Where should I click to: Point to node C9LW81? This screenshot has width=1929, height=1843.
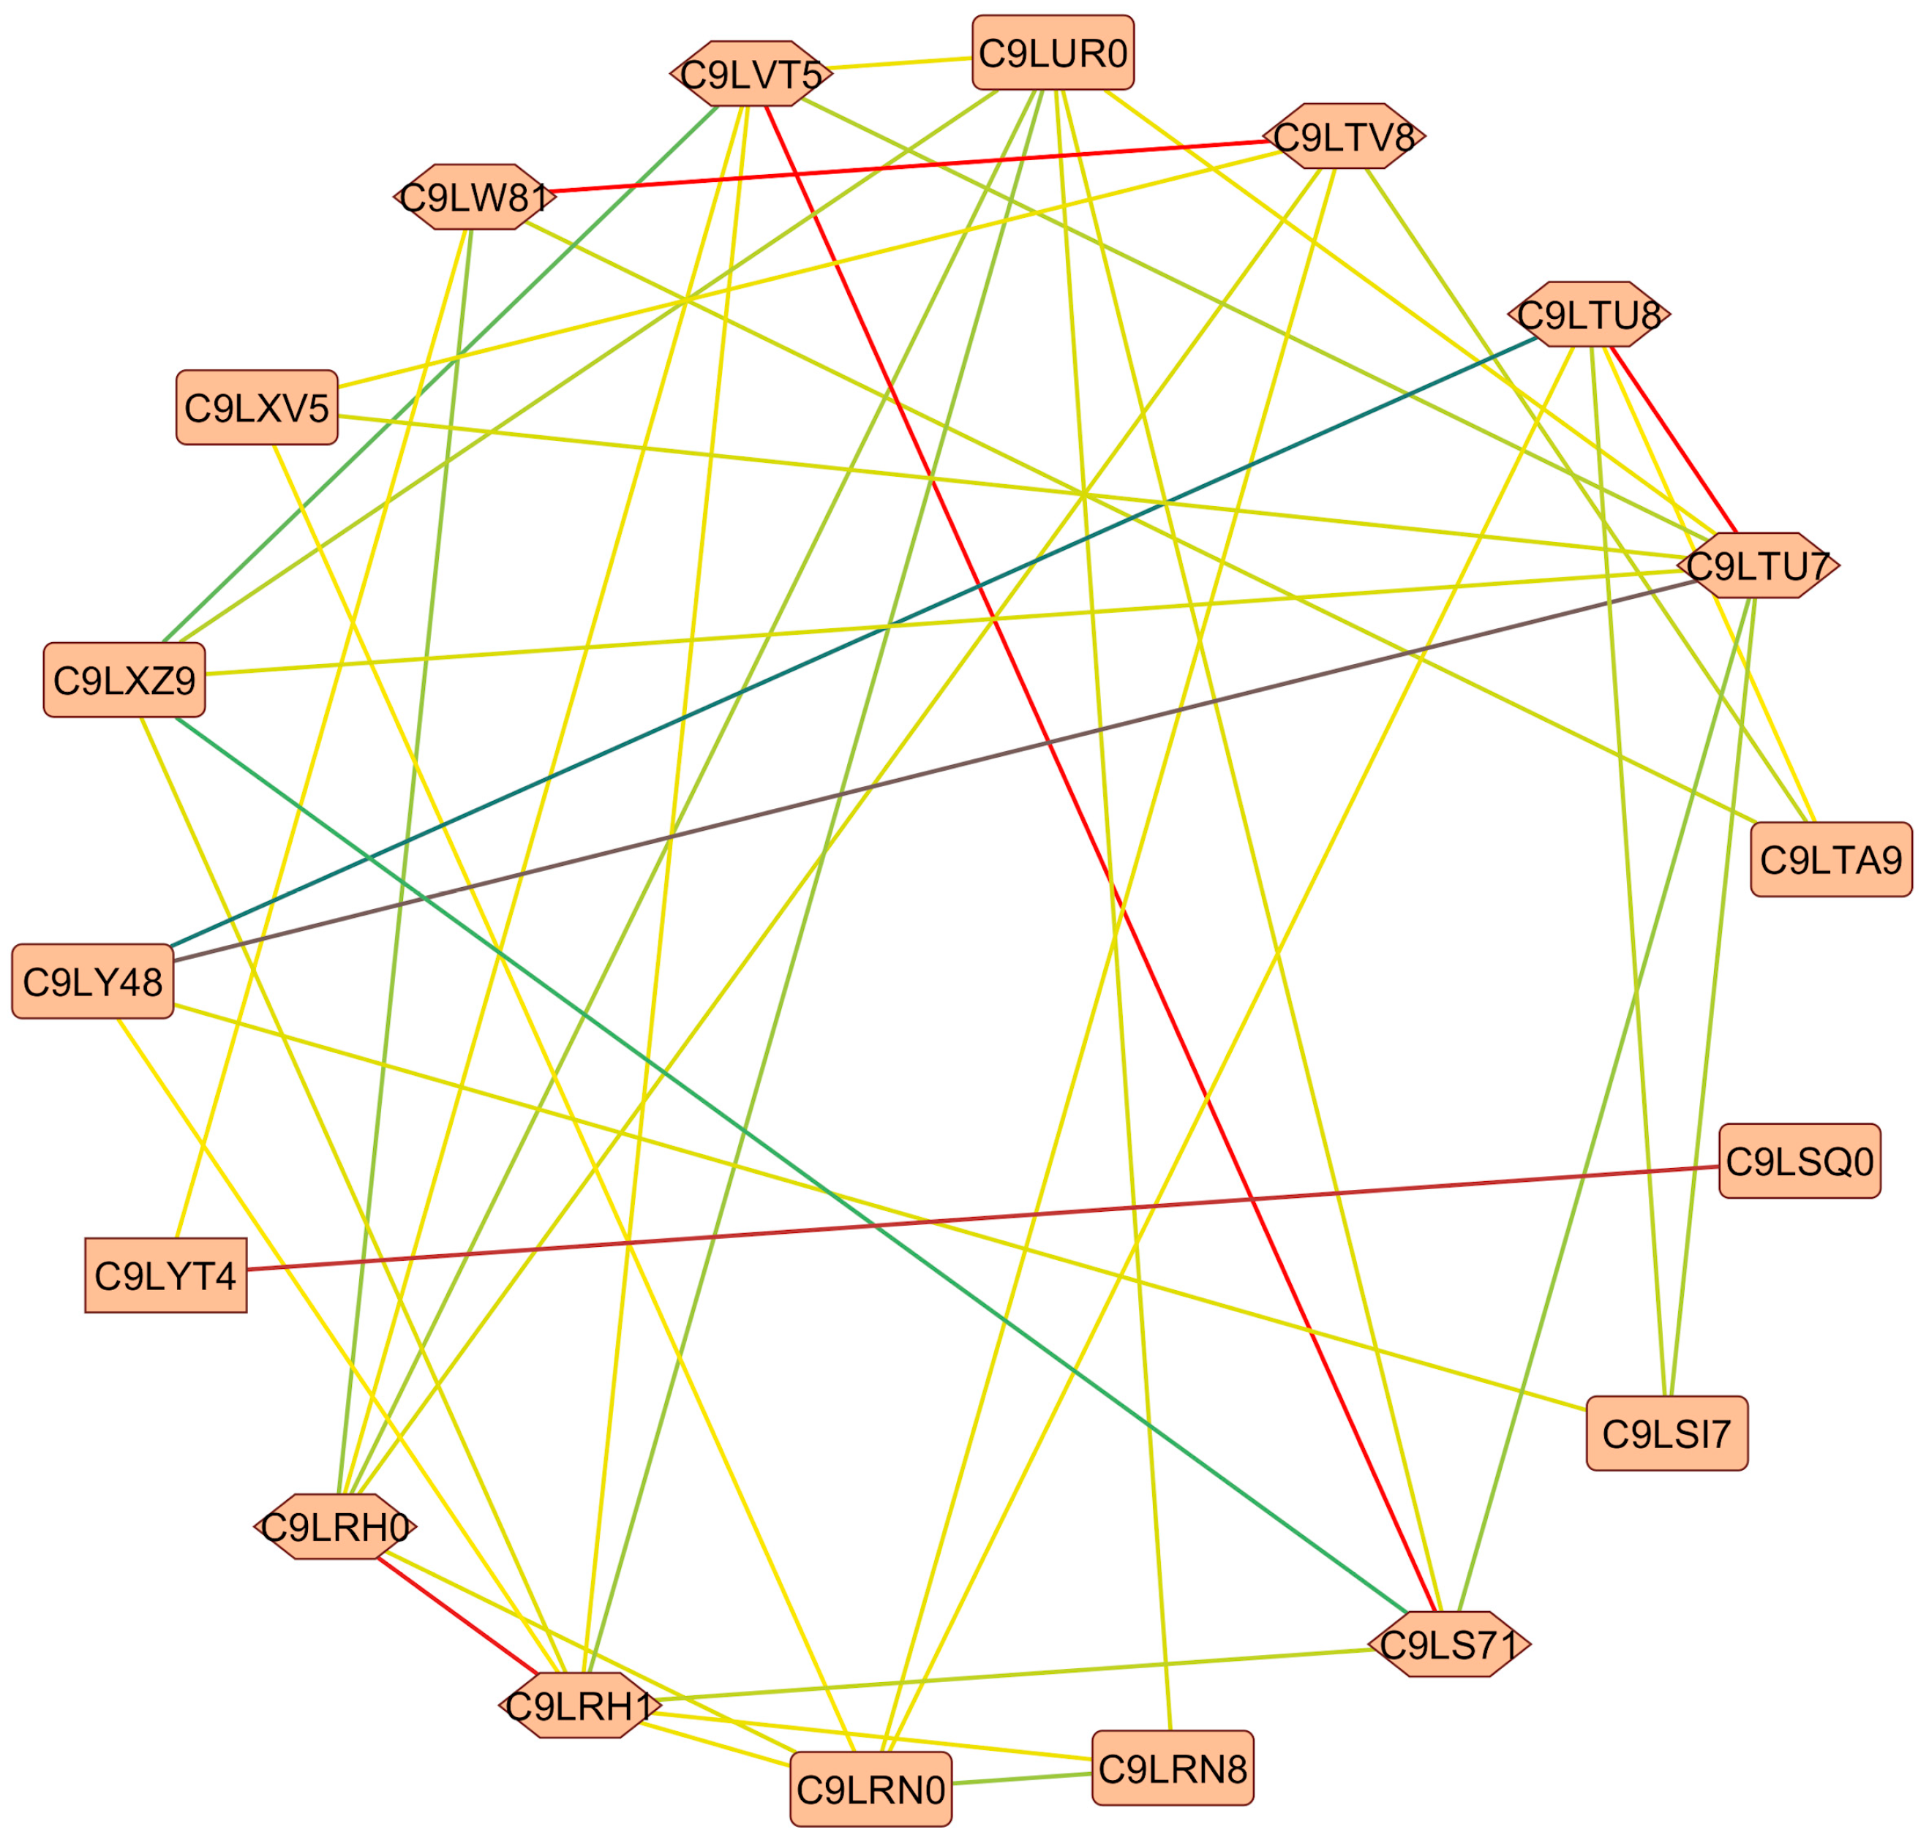click(x=475, y=197)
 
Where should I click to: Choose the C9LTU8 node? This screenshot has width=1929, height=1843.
click(x=1589, y=314)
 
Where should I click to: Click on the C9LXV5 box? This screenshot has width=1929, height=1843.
click(x=257, y=407)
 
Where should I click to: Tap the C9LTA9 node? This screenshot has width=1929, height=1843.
click(x=1831, y=859)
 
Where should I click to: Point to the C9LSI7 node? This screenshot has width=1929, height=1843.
click(x=1666, y=1433)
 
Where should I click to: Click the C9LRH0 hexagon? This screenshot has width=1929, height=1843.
click(x=335, y=1526)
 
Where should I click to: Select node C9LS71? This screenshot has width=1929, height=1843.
click(x=1449, y=1643)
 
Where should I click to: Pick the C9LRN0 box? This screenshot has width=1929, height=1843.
click(x=871, y=1789)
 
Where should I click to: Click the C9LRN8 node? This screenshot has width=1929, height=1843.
click(x=1173, y=1768)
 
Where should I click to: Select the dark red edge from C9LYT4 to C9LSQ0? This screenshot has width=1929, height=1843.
click(x=982, y=1218)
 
